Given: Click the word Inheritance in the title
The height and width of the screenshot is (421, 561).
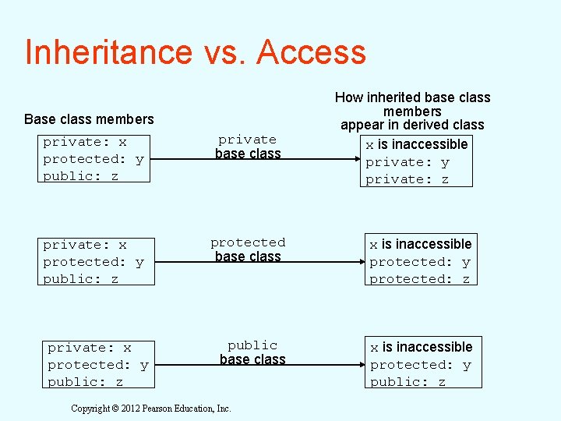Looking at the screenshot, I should (x=108, y=52).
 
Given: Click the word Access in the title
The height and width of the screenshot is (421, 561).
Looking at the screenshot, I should (x=310, y=52).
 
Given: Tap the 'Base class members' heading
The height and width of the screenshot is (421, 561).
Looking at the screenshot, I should (x=89, y=119).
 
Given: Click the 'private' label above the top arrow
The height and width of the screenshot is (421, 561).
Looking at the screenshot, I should (x=247, y=140).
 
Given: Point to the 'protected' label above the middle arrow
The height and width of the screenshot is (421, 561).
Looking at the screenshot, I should (x=248, y=242).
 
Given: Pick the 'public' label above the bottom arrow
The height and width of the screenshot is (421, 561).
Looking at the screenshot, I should (x=252, y=345).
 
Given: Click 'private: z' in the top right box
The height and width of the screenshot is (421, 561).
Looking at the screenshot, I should (x=408, y=179).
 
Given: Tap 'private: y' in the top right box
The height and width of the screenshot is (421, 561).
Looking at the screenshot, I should (x=408, y=162).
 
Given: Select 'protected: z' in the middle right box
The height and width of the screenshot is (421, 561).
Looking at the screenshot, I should (x=420, y=279).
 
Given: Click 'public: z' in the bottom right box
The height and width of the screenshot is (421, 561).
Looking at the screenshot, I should (x=408, y=382).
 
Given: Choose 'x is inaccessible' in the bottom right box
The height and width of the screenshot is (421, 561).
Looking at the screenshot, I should (x=422, y=347).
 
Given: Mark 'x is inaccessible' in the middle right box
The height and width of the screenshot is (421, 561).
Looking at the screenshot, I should (x=421, y=244).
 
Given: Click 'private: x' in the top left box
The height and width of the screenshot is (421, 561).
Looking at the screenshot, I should (x=85, y=142).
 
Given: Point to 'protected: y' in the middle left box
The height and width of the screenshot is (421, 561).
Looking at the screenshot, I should (x=93, y=262).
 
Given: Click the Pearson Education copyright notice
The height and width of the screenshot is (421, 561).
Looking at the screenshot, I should (x=151, y=409).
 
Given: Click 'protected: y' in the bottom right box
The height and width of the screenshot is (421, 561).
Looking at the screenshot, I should (x=421, y=365).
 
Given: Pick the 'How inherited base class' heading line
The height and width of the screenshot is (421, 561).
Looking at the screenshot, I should (x=412, y=97).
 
